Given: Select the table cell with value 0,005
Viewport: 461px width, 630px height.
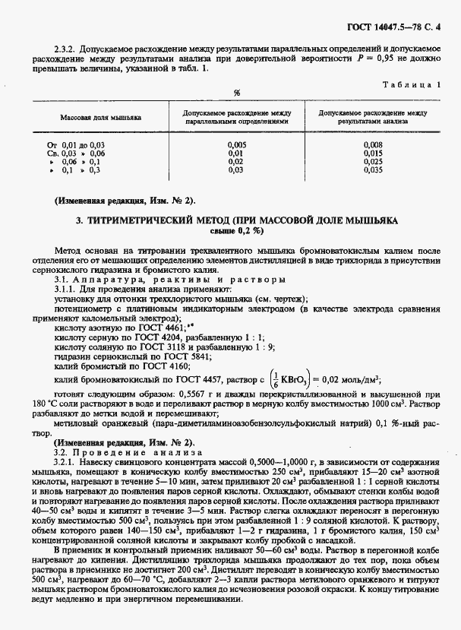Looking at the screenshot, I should point(236,144).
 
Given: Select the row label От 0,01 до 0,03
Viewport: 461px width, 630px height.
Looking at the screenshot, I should point(76,144).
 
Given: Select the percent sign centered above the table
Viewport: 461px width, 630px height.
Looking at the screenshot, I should point(237,93).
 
